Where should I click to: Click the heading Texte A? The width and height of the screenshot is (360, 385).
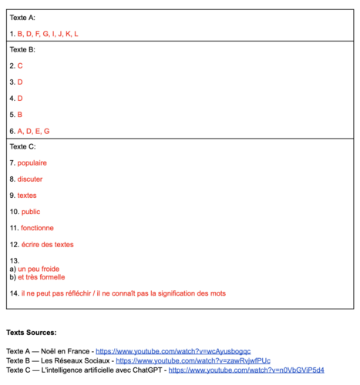(x=22, y=17)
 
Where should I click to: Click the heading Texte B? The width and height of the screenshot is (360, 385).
(x=22, y=49)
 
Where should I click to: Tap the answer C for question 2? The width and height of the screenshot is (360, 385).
(x=20, y=66)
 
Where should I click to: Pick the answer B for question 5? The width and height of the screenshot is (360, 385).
(x=20, y=115)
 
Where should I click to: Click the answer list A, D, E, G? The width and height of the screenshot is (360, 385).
(x=33, y=131)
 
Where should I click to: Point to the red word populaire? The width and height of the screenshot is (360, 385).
(x=32, y=163)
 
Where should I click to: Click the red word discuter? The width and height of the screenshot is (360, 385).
(x=30, y=179)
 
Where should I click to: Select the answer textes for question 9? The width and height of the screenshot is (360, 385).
(x=27, y=196)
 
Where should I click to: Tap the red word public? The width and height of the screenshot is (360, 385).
(x=30, y=212)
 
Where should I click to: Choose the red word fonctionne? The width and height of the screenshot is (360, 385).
(x=37, y=228)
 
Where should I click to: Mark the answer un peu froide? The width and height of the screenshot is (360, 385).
(x=39, y=269)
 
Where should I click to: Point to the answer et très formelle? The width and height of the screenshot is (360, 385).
(x=42, y=277)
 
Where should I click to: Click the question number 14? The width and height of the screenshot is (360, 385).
(x=14, y=293)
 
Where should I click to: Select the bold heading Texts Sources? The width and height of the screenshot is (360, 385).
(x=31, y=333)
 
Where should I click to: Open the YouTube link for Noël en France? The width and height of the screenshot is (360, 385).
(x=173, y=351)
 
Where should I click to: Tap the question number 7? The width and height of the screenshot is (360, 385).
(x=12, y=163)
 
